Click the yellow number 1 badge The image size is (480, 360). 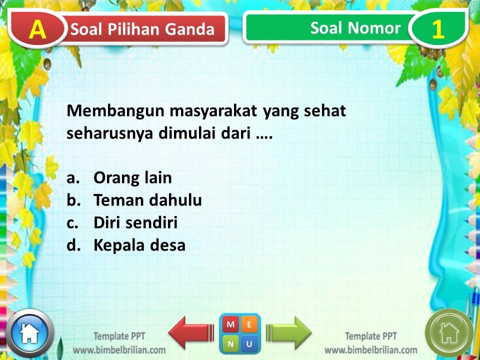pos(437,29)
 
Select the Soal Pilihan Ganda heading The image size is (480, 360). pos(142,29)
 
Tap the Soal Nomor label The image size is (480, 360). pos(355,28)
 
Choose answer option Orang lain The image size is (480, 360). pos(132,177)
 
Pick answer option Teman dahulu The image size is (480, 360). pos(147,200)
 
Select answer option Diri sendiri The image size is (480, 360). pos(135,223)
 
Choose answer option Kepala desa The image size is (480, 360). pos(139,245)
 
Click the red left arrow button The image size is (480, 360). pos(190,331)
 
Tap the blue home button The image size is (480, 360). pos(29,332)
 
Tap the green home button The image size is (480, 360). pos(449,332)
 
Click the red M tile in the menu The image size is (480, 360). pos(230,324)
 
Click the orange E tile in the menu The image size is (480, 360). pos(249,324)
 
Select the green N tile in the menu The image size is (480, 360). pos(230,343)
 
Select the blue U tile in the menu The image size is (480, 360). pos(249,343)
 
